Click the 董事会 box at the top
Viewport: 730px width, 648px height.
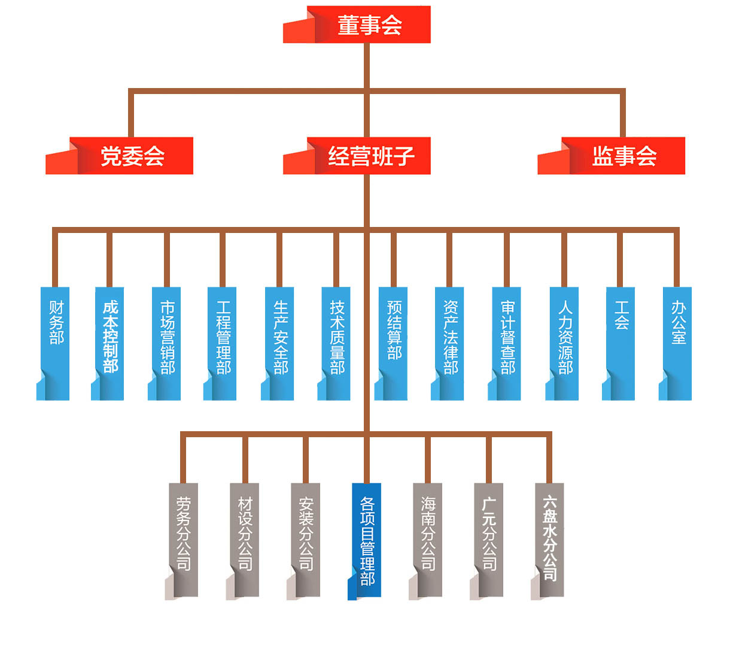[369, 25]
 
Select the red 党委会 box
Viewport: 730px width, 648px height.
[132, 156]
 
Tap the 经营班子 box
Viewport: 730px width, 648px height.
[369, 156]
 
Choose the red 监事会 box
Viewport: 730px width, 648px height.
[623, 156]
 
